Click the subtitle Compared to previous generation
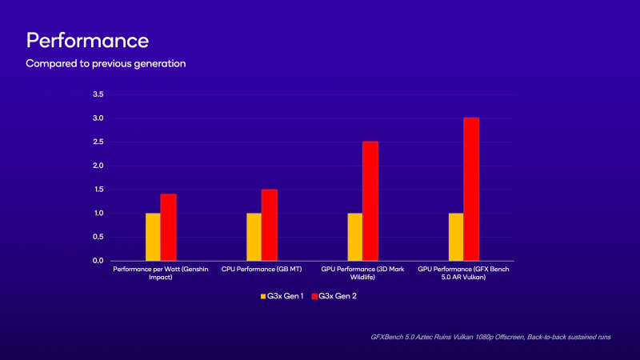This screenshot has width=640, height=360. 106,62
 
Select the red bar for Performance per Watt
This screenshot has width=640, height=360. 168,227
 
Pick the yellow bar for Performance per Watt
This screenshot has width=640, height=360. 153,237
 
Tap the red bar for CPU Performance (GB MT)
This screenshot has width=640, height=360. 270,225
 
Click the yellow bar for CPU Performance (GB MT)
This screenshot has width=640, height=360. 254,237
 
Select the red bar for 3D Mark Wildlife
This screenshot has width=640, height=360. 370,201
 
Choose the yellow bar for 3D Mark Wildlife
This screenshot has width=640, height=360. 354,237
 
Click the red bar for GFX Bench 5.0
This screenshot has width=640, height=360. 471,189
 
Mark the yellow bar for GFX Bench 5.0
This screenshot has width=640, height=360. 456,237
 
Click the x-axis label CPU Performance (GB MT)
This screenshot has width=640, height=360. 261,270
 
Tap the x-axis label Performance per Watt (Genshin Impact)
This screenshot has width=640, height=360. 160,274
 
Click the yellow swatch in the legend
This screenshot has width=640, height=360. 262,297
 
